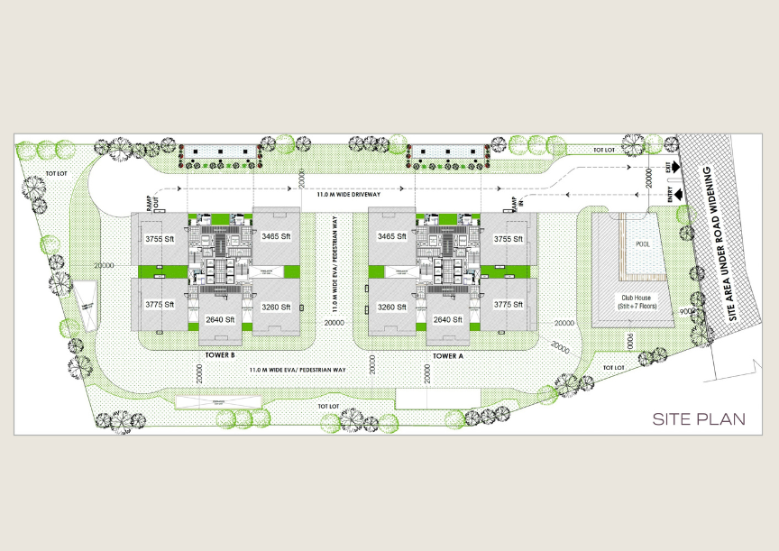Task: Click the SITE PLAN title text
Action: (x=699, y=418)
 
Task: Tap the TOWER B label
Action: (x=220, y=355)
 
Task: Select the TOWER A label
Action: (x=447, y=355)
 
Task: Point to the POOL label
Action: (x=642, y=244)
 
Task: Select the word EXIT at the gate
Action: (x=668, y=168)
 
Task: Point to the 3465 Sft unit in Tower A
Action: (x=391, y=236)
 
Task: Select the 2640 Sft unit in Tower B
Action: (x=220, y=319)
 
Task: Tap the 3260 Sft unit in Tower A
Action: (x=391, y=307)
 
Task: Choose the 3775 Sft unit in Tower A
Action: (x=508, y=305)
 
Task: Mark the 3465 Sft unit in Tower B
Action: (x=275, y=236)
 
